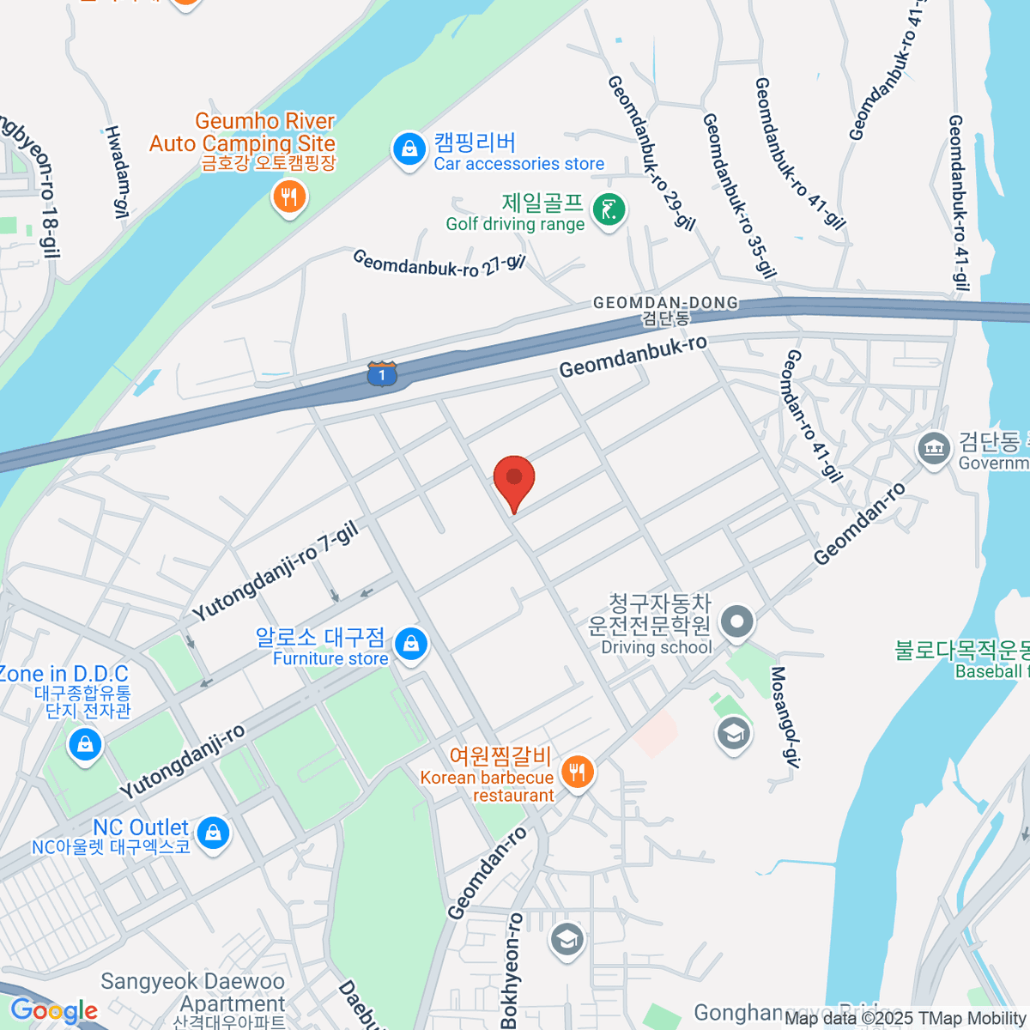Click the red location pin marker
click(514, 479)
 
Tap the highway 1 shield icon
click(382, 373)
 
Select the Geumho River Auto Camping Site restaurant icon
click(289, 198)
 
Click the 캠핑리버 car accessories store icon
click(409, 149)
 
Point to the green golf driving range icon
click(609, 209)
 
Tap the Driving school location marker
click(736, 622)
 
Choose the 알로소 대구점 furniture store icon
click(410, 644)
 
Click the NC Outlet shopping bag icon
click(212, 833)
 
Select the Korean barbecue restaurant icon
click(577, 772)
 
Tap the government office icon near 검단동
click(933, 448)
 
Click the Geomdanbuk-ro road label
click(633, 356)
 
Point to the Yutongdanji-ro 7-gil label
click(276, 572)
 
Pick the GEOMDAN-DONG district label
click(665, 303)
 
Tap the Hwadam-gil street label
click(117, 171)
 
